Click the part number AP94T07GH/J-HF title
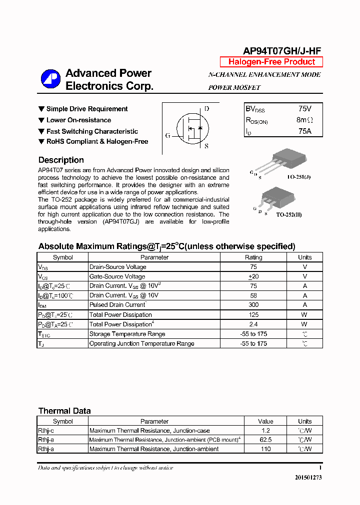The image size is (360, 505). (281, 51)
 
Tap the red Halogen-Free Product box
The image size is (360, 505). (271, 62)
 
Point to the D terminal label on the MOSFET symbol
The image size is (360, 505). (206, 109)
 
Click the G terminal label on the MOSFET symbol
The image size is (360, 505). (167, 135)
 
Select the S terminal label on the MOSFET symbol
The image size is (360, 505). (206, 146)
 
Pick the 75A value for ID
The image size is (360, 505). (304, 131)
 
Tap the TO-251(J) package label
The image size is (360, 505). (298, 177)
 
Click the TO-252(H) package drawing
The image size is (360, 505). (273, 197)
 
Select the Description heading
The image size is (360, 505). (61, 160)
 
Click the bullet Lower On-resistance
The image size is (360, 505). (78, 120)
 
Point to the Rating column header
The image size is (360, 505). (253, 257)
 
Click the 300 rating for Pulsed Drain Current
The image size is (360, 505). (253, 305)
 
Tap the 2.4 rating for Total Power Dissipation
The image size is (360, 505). (253, 324)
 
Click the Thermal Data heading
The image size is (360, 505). (64, 411)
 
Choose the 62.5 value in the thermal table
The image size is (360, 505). (265, 440)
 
